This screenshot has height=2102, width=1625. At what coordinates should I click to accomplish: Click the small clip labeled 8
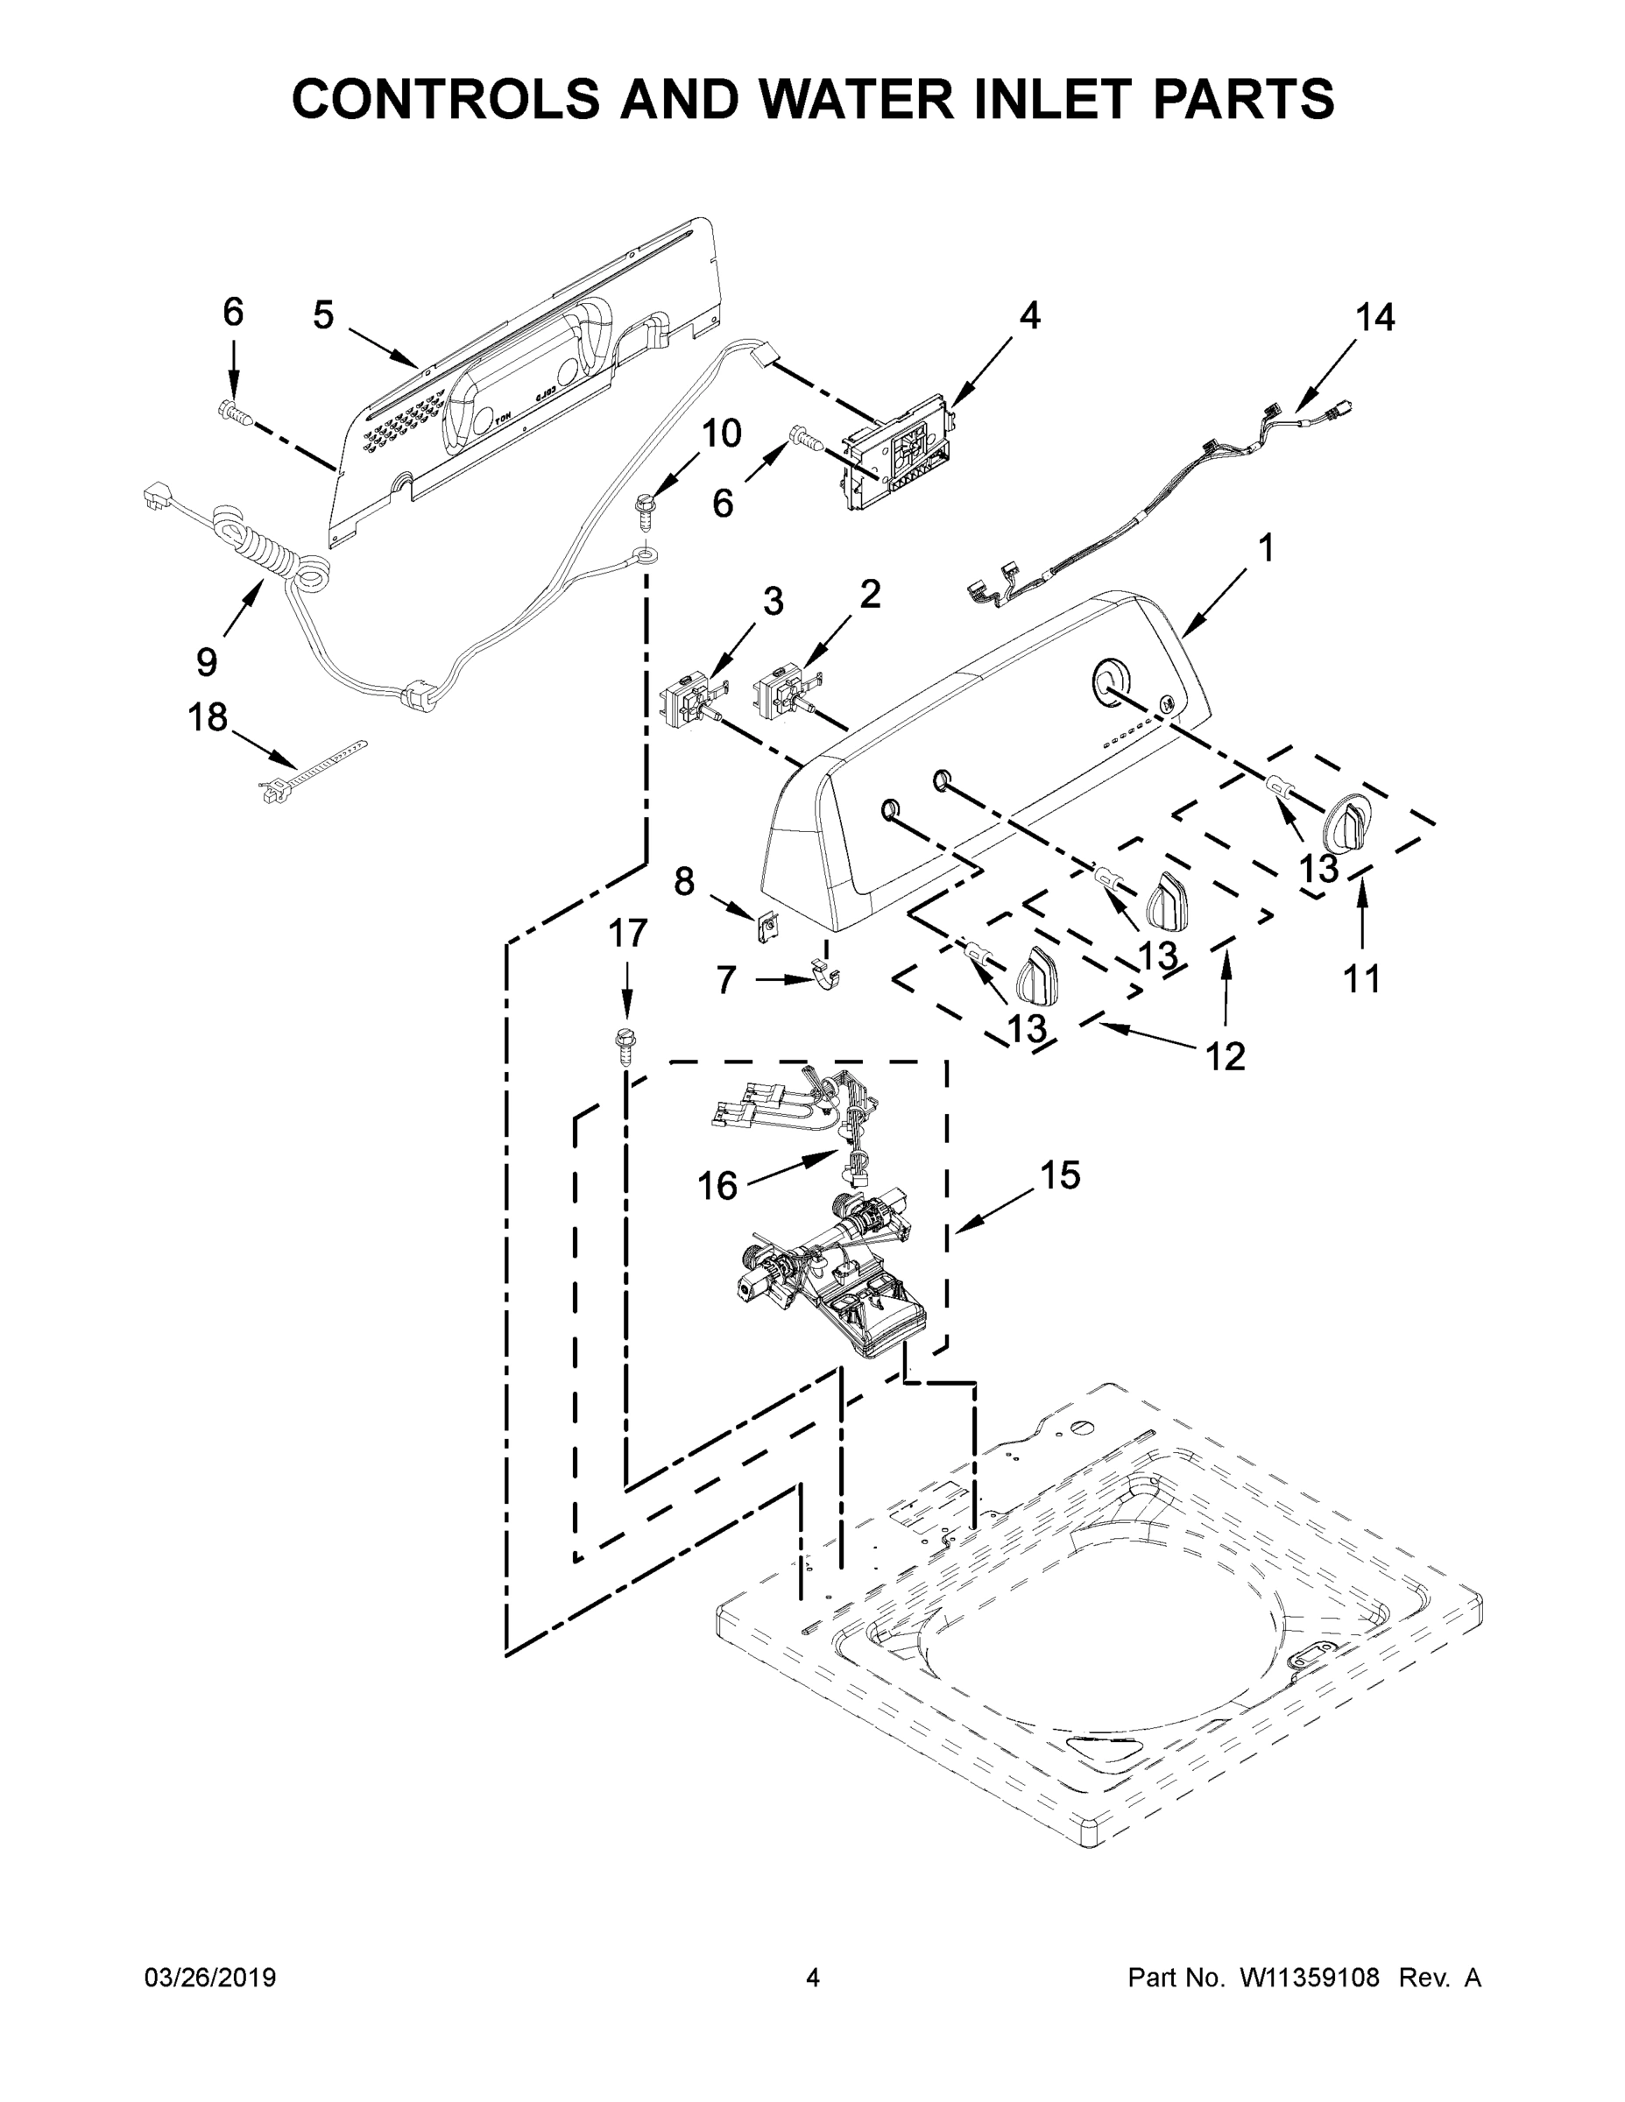(x=767, y=927)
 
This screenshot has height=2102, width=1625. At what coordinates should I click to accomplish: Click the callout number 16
(x=717, y=1186)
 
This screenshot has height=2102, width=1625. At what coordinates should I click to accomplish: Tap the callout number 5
(x=322, y=314)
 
